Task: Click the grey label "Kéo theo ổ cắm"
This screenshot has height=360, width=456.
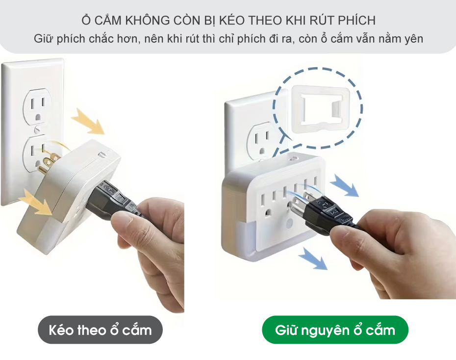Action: (100, 330)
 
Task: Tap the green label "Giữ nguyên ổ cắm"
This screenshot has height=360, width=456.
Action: (335, 330)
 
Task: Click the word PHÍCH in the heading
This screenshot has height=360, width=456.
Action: (357, 21)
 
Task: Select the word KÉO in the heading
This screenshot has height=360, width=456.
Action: (232, 21)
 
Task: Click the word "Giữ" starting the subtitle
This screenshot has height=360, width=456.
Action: (43, 39)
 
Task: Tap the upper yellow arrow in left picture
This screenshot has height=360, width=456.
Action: (88, 121)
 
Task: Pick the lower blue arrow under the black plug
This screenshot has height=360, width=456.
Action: (313, 258)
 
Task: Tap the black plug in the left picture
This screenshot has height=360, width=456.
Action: (112, 201)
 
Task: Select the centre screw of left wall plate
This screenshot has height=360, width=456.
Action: (37, 129)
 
